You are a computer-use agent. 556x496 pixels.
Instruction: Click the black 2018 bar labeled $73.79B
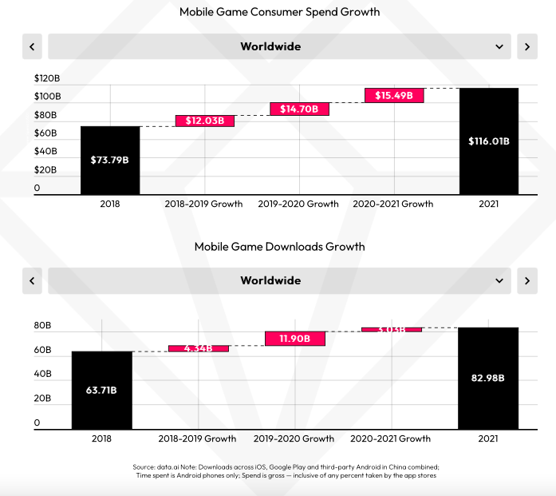110,160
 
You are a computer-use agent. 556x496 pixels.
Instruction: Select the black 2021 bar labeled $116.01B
489,141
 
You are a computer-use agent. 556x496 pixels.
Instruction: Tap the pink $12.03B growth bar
205,121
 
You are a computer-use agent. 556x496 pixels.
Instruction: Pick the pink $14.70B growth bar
299,109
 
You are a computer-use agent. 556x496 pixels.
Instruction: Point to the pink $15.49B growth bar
394,95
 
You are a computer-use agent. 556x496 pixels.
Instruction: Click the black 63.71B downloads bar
101,390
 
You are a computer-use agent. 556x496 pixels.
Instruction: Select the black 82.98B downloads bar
488,378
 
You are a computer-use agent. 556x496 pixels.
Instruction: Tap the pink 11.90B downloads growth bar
294,339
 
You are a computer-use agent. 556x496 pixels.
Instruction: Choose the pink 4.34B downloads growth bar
198,348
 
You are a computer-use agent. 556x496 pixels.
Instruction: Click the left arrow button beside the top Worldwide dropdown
32,46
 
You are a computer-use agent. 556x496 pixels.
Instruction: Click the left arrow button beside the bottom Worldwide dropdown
32,280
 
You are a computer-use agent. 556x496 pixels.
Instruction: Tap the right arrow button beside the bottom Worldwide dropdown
526,280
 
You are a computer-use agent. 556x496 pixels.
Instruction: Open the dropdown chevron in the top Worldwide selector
500,46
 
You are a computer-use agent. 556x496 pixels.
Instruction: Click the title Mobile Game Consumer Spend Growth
279,12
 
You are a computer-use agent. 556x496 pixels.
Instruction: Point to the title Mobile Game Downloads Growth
279,246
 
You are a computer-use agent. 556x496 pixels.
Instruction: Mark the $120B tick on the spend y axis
47,78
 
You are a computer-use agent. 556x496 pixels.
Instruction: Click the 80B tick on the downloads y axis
42,326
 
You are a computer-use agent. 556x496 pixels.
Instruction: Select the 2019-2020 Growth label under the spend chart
299,204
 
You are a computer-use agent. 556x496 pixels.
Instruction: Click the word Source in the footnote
144,466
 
